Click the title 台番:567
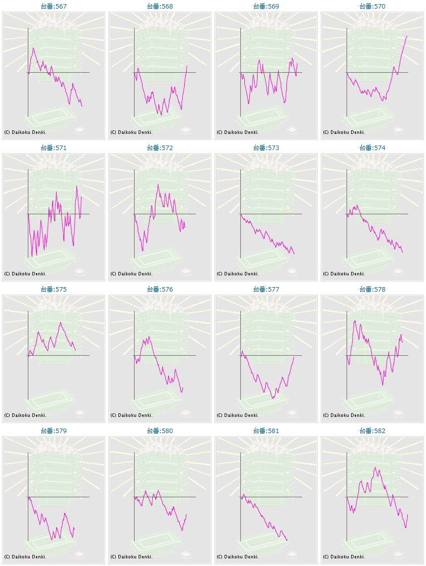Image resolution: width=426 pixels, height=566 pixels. tap(54, 7)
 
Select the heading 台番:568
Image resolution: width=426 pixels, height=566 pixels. tap(160, 7)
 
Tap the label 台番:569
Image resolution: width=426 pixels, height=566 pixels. tap(266, 7)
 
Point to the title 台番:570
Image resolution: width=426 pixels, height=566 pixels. tap(372, 7)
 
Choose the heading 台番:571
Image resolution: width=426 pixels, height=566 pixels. tap(54, 148)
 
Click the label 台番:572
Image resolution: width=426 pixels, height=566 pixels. tap(160, 148)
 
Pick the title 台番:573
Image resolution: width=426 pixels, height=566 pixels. tap(266, 148)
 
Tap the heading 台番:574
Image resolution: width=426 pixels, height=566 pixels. tap(372, 148)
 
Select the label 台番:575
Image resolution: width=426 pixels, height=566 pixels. tap(54, 290)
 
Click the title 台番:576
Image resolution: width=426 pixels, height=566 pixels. tap(160, 290)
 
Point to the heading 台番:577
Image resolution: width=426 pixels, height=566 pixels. tap(266, 290)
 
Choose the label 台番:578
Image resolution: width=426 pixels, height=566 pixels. tap(372, 290)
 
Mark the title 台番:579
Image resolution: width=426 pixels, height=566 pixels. tap(54, 431)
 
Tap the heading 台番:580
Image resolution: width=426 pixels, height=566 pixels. tap(160, 431)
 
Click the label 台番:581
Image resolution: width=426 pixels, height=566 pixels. tap(266, 431)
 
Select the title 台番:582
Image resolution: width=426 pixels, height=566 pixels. tap(372, 431)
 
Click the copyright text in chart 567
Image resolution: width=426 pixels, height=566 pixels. tap(25, 132)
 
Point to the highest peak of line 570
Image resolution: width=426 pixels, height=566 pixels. tap(407, 36)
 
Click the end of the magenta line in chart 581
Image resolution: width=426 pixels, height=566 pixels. tap(287, 540)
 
